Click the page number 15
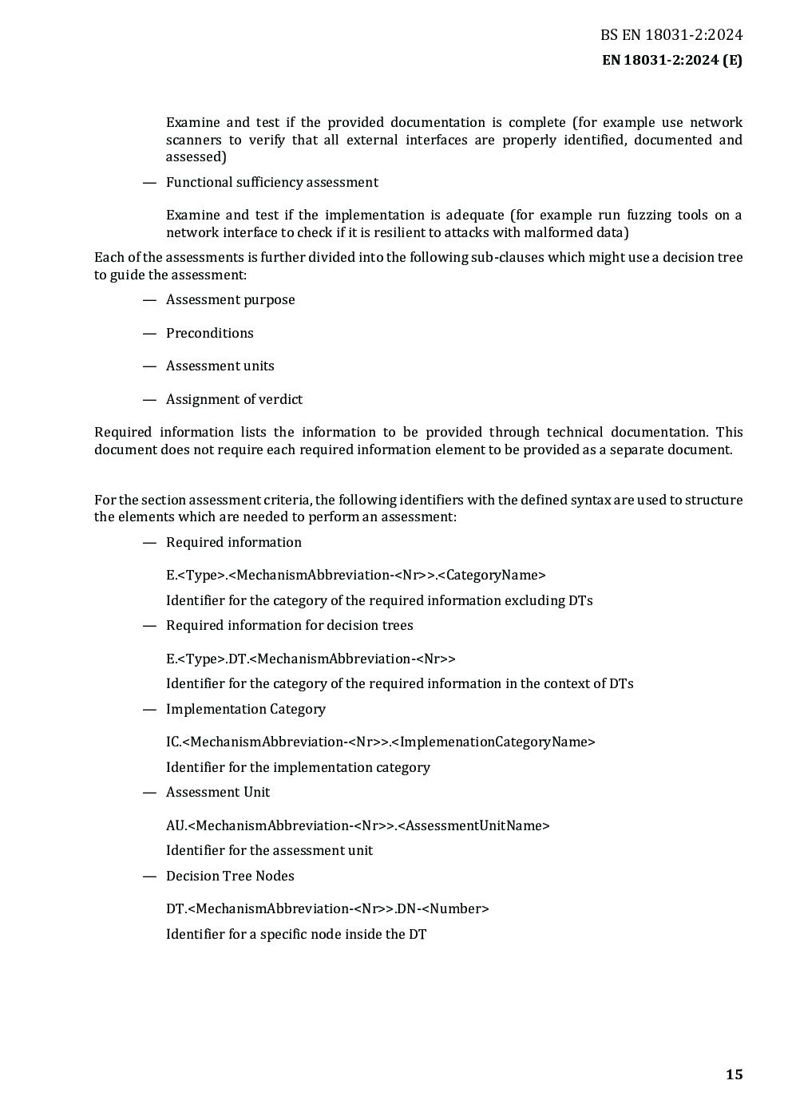coord(734,1074)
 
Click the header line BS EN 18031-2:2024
coord(671,35)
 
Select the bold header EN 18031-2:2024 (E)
coord(671,61)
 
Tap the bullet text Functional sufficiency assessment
coord(271,183)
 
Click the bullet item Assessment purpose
coord(230,300)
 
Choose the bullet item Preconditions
coord(209,334)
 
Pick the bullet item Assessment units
coord(220,366)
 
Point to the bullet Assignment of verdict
coord(234,400)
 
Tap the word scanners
coord(193,140)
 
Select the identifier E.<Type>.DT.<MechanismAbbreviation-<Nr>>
coord(311,659)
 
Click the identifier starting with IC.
coord(380,742)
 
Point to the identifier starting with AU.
coord(358,826)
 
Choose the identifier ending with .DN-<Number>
coord(327,909)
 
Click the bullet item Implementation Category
coord(245,710)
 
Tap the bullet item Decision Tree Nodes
coord(230,877)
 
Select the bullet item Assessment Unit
coord(217,793)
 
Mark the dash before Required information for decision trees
coord(148,626)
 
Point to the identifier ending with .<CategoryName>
coord(355,576)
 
